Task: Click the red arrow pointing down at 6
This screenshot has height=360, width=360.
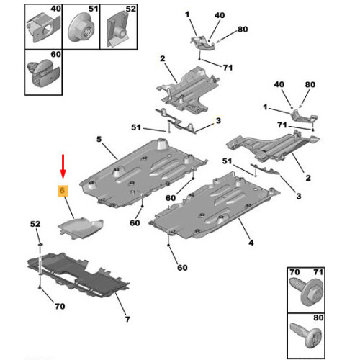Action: [x=63, y=167]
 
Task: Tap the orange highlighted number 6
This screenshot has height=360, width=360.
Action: [x=63, y=191]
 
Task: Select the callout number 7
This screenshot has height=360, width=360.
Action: [x=127, y=319]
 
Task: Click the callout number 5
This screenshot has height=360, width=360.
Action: [x=99, y=139]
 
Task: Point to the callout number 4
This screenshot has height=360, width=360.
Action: [x=251, y=243]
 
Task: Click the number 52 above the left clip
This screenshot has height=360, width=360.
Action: [x=35, y=224]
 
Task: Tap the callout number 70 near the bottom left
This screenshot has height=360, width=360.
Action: [x=60, y=306]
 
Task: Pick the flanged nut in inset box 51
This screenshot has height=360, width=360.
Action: [x=81, y=29]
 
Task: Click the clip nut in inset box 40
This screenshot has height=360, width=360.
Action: [x=43, y=28]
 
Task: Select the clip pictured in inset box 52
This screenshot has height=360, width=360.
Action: [x=119, y=30]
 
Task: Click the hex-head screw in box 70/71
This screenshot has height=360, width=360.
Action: [x=307, y=292]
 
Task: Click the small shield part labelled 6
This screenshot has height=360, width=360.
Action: [x=81, y=228]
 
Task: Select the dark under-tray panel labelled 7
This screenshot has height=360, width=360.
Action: [x=78, y=275]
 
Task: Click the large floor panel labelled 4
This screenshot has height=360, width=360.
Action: [x=214, y=207]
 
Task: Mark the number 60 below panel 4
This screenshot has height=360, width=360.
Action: [x=182, y=268]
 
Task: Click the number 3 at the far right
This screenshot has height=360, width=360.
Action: [x=299, y=196]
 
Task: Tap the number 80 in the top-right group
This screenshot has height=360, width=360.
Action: [x=243, y=29]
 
